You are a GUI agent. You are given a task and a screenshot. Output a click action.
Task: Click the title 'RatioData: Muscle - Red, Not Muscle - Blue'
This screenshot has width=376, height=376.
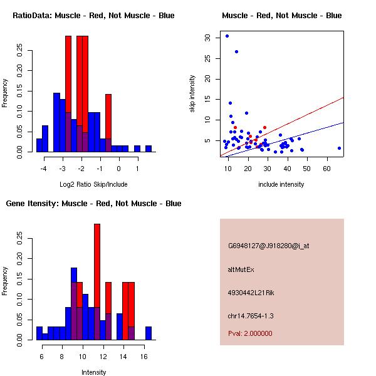pyautogui.click(x=93, y=16)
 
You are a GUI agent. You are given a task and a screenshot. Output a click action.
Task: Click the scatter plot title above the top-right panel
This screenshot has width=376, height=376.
pyautogui.click(x=281, y=16)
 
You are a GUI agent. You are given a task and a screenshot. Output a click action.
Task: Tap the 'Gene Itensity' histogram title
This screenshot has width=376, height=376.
pyautogui.click(x=93, y=204)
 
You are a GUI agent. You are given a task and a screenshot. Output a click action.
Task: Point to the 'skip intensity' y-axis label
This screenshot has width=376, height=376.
pyautogui.click(x=192, y=94)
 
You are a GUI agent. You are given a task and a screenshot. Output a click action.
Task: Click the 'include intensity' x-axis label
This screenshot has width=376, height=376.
pyautogui.click(x=281, y=185)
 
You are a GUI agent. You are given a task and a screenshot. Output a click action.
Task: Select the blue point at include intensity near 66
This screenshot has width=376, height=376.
pyautogui.click(x=339, y=149)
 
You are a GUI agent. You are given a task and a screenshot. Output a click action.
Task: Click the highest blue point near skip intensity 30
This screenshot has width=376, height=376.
pyautogui.click(x=227, y=36)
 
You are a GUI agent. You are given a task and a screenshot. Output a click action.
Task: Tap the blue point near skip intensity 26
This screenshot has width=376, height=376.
pyautogui.click(x=236, y=51)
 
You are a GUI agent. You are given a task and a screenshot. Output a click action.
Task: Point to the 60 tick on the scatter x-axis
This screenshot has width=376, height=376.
pyautogui.click(x=326, y=169)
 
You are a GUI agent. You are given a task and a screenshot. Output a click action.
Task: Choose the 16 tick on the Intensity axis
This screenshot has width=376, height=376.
pyautogui.click(x=144, y=357)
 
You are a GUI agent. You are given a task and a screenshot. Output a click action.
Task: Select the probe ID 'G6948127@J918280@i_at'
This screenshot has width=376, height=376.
pyautogui.click(x=269, y=246)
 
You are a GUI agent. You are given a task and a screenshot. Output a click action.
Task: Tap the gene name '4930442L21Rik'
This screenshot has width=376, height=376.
pyautogui.click(x=251, y=293)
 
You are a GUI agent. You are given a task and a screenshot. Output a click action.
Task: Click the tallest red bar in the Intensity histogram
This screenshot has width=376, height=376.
pyautogui.click(x=97, y=282)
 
